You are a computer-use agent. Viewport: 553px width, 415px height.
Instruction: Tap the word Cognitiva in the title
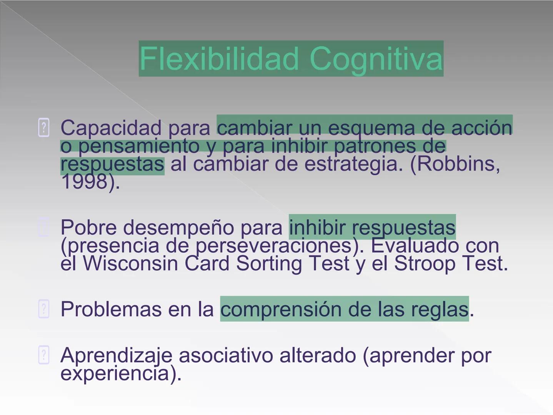coord(376,59)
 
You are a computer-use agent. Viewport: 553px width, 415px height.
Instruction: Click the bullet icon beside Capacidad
coord(44,128)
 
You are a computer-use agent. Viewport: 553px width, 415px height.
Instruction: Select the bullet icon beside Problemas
coord(44,309)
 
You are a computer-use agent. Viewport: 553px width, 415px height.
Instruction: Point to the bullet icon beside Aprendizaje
coord(44,355)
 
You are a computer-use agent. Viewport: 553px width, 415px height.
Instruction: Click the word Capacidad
coord(111,128)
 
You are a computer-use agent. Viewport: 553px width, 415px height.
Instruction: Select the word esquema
coord(372,128)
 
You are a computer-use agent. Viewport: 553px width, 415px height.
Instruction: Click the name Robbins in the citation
coord(458,164)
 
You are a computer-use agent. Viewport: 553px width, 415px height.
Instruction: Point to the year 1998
coord(84,182)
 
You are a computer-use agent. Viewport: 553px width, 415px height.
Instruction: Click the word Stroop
coord(425,264)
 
